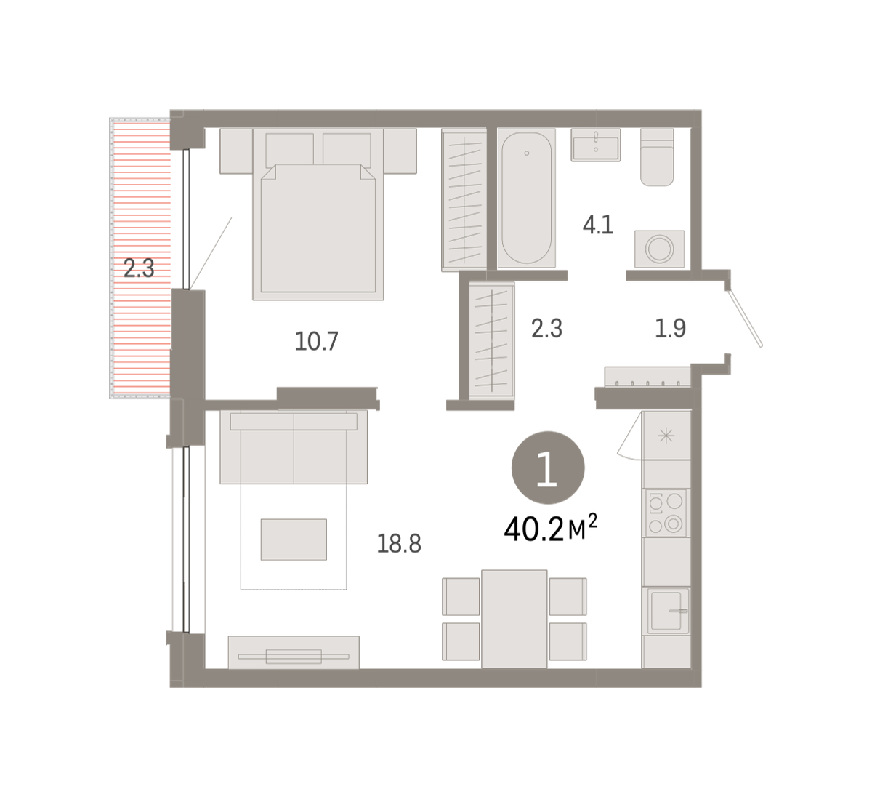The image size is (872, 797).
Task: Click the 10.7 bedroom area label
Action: tap(316, 342)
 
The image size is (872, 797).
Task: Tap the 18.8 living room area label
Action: tap(399, 544)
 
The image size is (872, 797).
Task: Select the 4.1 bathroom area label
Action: tap(598, 225)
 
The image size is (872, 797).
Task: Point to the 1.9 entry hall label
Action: tap(670, 328)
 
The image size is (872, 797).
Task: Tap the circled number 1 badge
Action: tap(548, 468)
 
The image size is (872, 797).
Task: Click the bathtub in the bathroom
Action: tap(526, 198)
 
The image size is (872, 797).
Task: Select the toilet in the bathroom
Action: tap(657, 157)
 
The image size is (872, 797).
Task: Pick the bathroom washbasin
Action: tap(596, 145)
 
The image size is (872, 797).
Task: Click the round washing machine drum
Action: tap(659, 249)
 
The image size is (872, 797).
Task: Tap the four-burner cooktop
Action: tap(666, 513)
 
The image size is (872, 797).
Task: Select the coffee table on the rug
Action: tap(294, 540)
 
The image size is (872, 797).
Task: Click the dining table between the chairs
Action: tap(514, 619)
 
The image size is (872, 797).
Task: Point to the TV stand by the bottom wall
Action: tap(294, 652)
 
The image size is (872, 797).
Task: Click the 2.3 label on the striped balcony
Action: tap(139, 268)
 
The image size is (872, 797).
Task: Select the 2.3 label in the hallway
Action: tap(546, 328)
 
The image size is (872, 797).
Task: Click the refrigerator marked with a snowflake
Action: tap(666, 436)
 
